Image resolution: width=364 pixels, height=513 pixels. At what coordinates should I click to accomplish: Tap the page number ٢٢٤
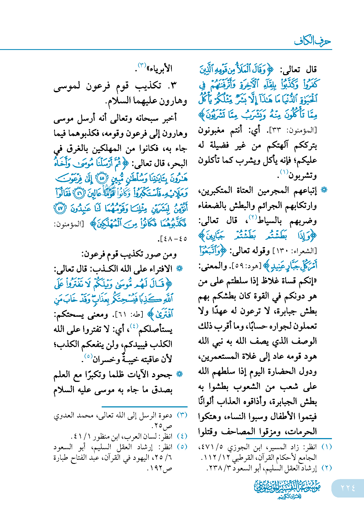348,488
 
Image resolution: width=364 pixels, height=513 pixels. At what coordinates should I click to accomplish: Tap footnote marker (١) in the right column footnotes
326,447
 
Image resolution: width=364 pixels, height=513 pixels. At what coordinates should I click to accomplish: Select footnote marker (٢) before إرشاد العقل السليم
326,468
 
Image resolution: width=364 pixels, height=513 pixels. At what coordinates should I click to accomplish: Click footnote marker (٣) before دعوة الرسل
182,415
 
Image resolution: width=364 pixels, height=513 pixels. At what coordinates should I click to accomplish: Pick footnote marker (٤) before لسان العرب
182,436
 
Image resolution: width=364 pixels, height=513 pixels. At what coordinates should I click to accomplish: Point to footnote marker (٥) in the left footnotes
182,447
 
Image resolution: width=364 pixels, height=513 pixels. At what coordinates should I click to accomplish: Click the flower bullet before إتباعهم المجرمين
324,190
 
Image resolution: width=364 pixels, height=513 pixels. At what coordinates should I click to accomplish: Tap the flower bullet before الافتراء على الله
179,269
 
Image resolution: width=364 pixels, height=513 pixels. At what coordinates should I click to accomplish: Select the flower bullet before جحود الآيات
179,375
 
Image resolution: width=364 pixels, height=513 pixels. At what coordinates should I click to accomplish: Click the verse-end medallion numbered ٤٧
60,208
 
